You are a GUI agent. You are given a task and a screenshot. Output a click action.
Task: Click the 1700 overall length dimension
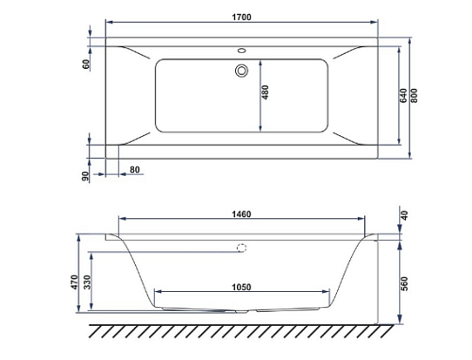coord(242,17)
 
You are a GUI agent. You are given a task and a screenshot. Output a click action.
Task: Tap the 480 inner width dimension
coord(265,93)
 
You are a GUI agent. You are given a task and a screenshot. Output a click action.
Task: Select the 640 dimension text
coord(403,95)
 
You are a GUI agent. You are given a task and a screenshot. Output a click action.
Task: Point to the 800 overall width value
coord(413,95)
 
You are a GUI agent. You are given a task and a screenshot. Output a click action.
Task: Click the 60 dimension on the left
coord(86,64)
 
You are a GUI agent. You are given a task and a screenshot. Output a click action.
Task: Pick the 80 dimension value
coord(135,170)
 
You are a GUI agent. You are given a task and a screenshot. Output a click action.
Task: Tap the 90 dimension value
coord(86,177)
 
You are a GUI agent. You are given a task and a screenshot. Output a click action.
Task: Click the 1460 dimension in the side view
coord(242,214)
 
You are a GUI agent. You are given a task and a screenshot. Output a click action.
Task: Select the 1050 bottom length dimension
coord(242,287)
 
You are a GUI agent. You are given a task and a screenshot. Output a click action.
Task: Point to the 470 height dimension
coord(75,283)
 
